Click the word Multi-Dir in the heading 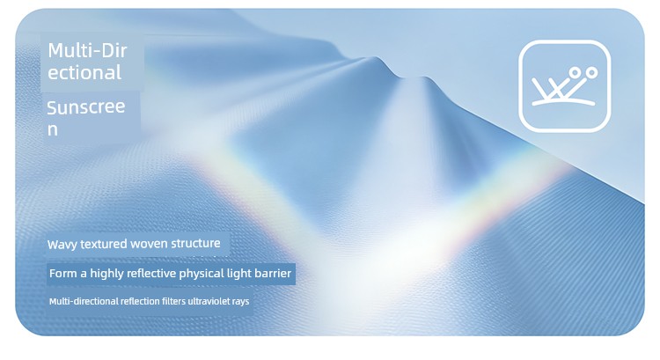[87, 51]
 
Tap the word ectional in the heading [84, 72]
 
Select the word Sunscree [86, 107]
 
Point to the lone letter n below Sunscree [52, 129]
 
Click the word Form [63, 274]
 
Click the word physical [202, 274]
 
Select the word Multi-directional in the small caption [84, 302]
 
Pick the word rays [240, 302]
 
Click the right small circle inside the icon [591, 73]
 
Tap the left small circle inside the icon [574, 73]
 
